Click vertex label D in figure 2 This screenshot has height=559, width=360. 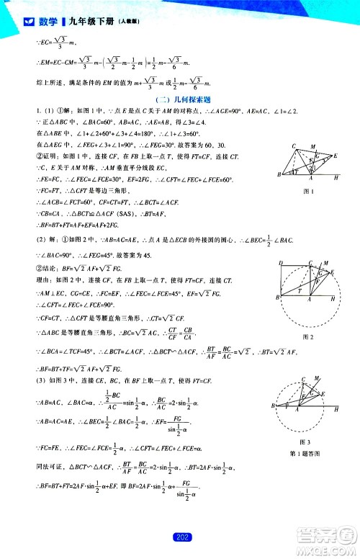click(x=279, y=262)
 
